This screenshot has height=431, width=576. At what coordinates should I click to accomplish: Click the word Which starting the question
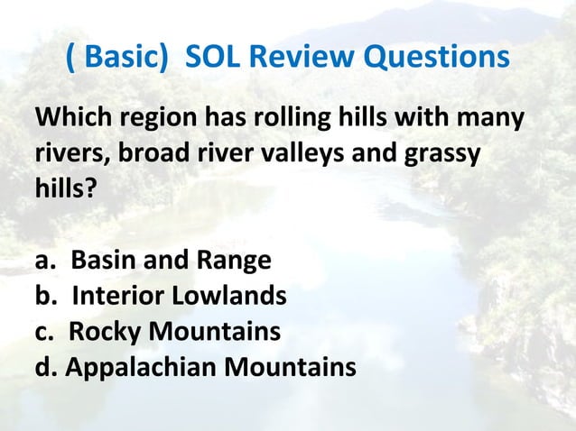pyautogui.click(x=70, y=119)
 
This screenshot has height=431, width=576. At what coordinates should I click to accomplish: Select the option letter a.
pyautogui.click(x=42, y=261)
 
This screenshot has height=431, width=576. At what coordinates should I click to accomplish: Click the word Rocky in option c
pyautogui.click(x=101, y=333)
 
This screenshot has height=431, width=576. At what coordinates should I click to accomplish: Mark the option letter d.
pyautogui.click(x=42, y=368)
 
